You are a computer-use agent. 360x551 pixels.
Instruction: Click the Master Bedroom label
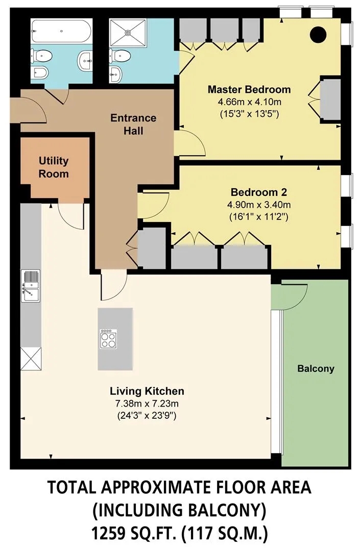(249, 89)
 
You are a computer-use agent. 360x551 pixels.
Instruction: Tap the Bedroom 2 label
(259, 192)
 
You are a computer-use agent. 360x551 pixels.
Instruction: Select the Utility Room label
(54, 167)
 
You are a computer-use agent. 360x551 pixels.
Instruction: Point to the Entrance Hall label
(133, 124)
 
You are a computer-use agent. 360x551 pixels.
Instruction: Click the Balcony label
(316, 369)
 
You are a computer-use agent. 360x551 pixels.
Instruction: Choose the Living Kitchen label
(147, 391)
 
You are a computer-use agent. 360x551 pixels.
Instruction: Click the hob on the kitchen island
(108, 339)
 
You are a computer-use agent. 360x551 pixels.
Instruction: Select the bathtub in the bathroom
(61, 31)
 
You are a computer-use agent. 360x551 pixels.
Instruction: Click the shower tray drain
(128, 32)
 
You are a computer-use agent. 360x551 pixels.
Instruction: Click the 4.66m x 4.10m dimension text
(249, 102)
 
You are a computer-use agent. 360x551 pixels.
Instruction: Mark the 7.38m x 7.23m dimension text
(147, 404)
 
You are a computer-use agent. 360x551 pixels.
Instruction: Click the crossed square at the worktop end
(31, 359)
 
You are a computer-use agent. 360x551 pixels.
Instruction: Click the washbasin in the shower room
(116, 74)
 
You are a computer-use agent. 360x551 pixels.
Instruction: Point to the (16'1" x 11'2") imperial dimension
(259, 217)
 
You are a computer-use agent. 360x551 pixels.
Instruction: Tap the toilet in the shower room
(120, 56)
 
